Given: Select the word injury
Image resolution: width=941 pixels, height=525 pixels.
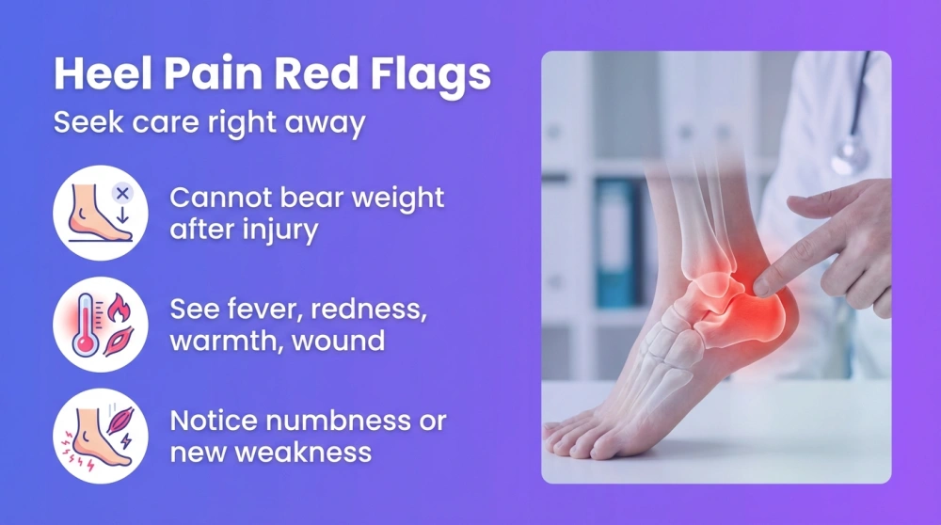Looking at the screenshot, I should click(x=283, y=230).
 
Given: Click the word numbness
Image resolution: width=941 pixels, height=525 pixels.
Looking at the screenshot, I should click(x=334, y=421).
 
